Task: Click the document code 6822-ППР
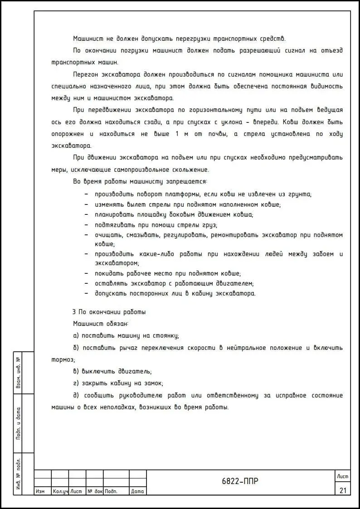[240, 481]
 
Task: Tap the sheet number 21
[342, 490]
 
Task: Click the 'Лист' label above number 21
[342, 476]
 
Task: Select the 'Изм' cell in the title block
[40, 491]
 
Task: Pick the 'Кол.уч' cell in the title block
[60, 491]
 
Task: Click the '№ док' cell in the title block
[95, 491]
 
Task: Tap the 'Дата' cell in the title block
[137, 491]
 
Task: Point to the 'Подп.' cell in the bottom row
[111, 491]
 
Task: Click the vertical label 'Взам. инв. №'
[18, 373]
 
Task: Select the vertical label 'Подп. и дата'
[18, 423]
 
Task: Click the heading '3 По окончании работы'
[109, 312]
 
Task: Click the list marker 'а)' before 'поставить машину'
[76, 336]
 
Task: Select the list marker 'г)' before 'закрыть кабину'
[76, 383]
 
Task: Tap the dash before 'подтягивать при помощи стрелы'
[86, 225]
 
